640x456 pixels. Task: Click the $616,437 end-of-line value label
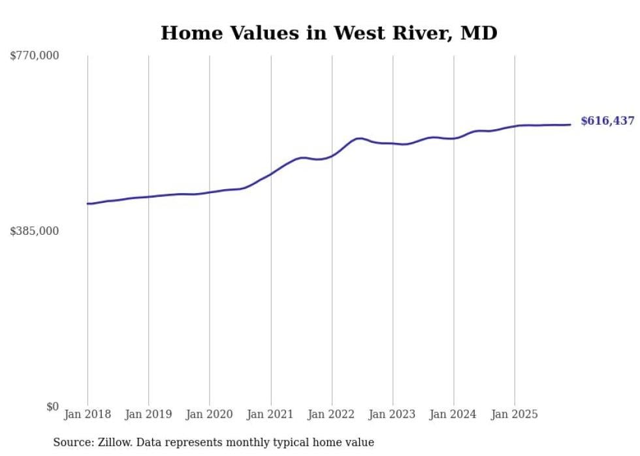(x=607, y=121)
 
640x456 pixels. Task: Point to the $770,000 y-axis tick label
(x=35, y=56)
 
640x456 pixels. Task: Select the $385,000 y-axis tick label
(x=35, y=231)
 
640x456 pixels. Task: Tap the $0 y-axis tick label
(x=52, y=406)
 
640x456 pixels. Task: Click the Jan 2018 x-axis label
(x=88, y=414)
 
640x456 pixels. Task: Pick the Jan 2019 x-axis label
(x=148, y=414)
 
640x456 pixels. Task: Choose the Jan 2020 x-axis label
(x=210, y=414)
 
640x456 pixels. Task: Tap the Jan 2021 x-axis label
(x=270, y=414)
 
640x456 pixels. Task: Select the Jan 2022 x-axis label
(x=332, y=414)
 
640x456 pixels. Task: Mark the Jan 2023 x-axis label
(x=392, y=414)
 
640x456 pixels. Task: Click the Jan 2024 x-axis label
(x=454, y=414)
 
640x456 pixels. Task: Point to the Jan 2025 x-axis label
(x=515, y=414)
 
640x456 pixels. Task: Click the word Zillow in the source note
(x=115, y=442)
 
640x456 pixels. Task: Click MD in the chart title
(x=480, y=33)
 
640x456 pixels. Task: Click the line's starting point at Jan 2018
(x=88, y=204)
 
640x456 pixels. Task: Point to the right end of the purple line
(x=570, y=125)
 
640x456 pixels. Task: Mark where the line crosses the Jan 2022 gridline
(x=332, y=156)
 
